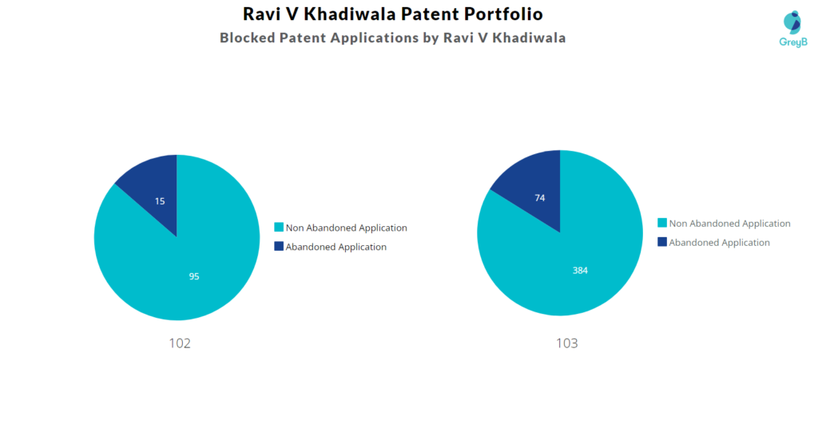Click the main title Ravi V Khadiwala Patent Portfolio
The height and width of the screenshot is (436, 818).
pos(392,14)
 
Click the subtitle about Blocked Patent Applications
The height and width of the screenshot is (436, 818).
pos(392,38)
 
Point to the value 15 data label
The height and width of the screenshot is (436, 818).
pos(160,201)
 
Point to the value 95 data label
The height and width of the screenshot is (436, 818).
pos(194,276)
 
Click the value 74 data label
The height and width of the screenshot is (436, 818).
pos(540,197)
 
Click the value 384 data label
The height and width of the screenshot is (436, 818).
pos(580,271)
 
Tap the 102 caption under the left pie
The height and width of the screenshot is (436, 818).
pos(180,343)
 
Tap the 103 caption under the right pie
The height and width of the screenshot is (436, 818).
pos(566,343)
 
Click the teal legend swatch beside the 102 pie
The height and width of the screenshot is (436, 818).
pos(279,228)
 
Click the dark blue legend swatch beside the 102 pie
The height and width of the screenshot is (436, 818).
pos(279,247)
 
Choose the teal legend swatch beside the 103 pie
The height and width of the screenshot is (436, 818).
pos(662,223)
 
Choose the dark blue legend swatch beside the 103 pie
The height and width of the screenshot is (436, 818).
pos(662,242)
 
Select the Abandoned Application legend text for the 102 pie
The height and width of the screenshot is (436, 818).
pos(336,247)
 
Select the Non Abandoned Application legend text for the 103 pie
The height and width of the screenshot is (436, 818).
pos(729,224)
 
